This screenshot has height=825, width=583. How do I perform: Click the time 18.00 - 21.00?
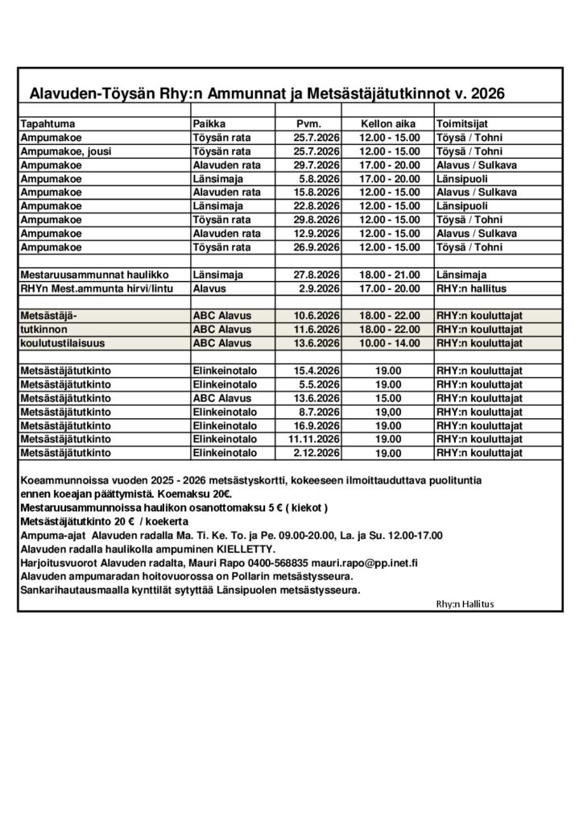[x=389, y=275]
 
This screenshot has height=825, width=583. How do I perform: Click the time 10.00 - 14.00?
[x=389, y=343]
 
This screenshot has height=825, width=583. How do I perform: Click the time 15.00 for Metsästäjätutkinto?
[x=389, y=398]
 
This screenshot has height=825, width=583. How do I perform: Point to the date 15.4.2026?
[x=316, y=371]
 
